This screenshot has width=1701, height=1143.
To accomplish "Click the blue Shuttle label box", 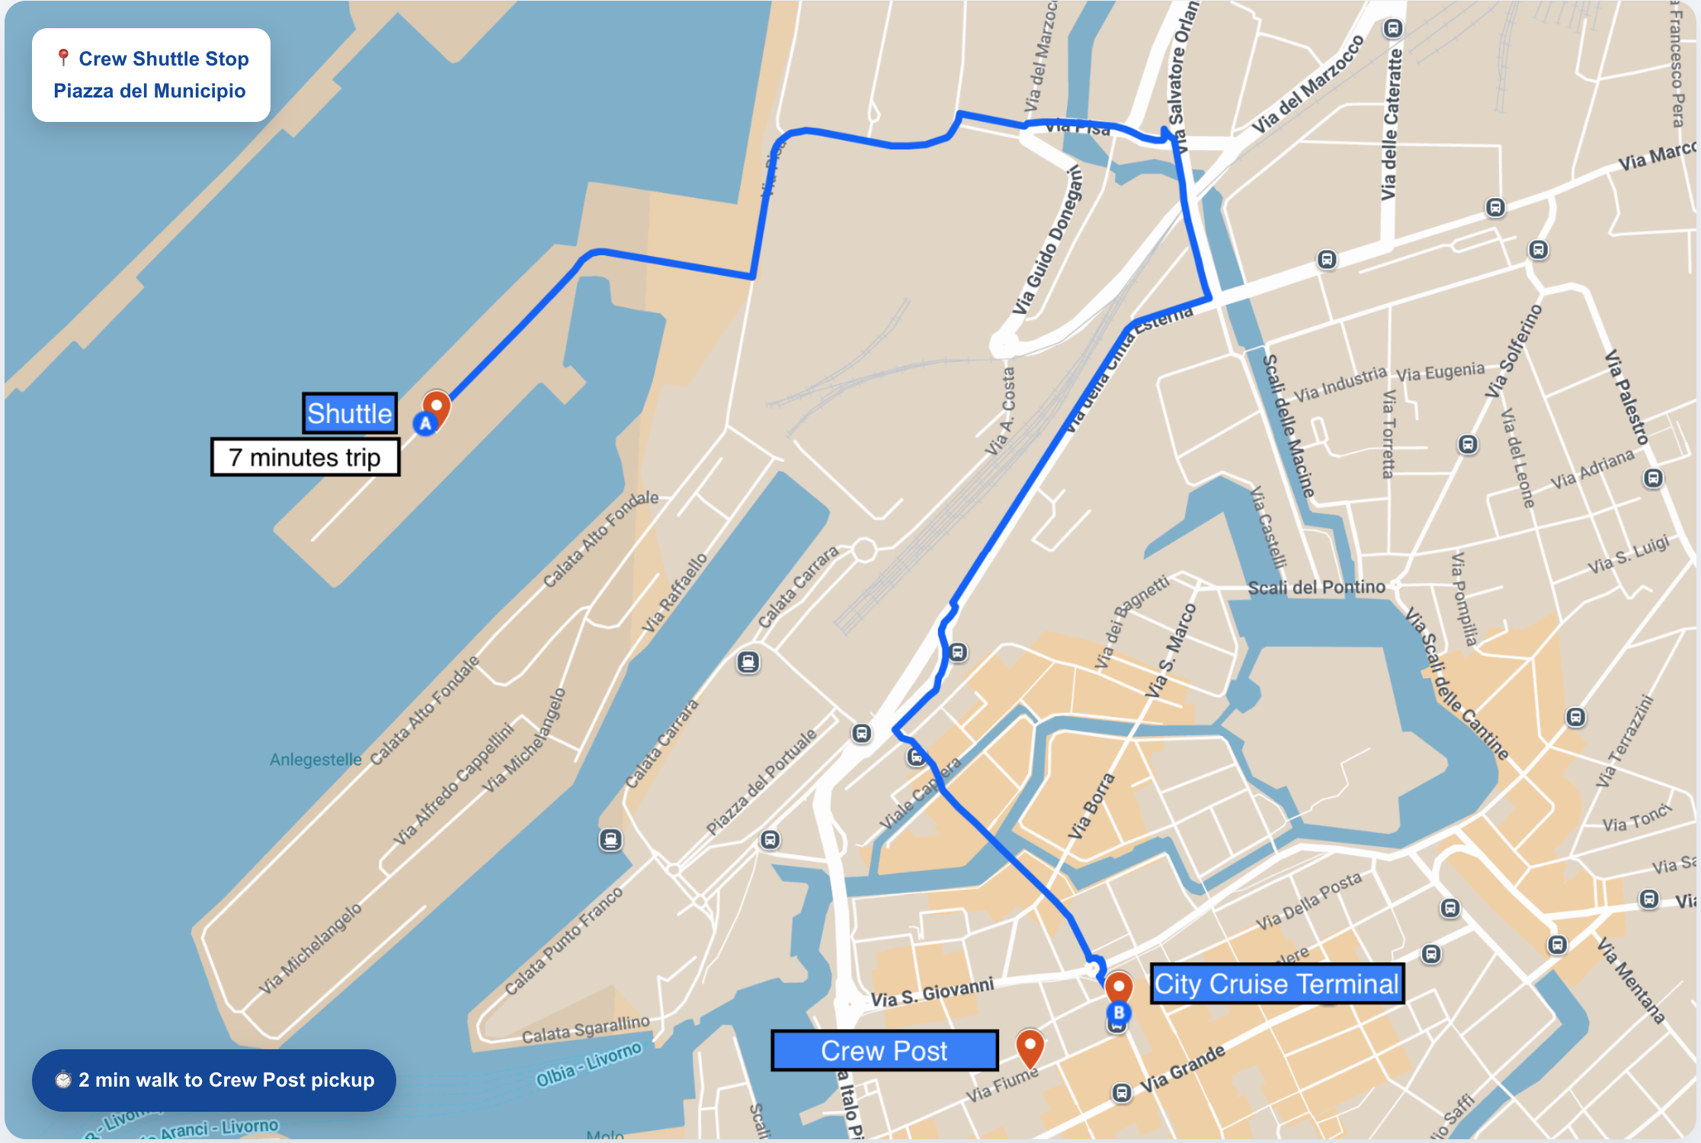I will (x=350, y=414).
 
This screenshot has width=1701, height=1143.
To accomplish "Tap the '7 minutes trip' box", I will (x=305, y=457).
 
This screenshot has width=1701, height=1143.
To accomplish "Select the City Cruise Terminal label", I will (x=1277, y=984).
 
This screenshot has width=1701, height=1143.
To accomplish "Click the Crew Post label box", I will (x=884, y=1051).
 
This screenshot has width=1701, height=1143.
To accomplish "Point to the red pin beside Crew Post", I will (x=1030, y=1046).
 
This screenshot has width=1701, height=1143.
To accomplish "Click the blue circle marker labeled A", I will (x=425, y=424).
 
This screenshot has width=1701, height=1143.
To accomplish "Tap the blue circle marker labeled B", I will (x=1119, y=1013).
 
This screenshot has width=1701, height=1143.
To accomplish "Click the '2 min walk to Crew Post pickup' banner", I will (x=214, y=1080).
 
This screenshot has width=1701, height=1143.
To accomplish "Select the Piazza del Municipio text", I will (x=149, y=91).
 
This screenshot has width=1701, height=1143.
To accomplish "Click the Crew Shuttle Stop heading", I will (x=163, y=59).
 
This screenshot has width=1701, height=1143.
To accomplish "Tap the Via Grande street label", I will (x=1182, y=1068).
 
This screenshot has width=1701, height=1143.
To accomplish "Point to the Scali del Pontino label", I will (x=1316, y=587).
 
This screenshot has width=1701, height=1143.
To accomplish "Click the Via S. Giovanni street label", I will (x=932, y=993).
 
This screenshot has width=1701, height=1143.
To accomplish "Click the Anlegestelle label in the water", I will (x=316, y=760).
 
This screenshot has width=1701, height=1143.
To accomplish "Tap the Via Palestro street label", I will (x=1627, y=397).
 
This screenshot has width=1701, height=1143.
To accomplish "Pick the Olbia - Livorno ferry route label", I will (x=588, y=1065).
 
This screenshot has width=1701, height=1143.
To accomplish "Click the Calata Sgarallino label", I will (x=585, y=1029).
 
